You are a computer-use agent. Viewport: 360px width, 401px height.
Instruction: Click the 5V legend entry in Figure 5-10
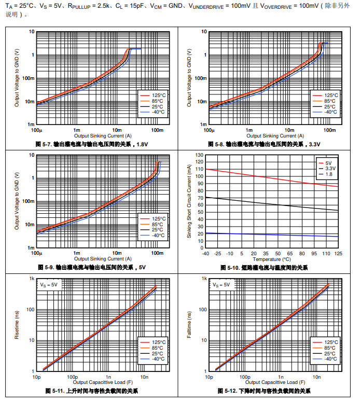tap(328, 163)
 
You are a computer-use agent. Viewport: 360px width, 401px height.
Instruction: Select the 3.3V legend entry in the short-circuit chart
tap(329, 169)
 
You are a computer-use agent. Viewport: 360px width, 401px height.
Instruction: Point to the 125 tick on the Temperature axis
tap(338, 254)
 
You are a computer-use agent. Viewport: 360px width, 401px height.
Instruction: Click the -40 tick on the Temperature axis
tap(206, 254)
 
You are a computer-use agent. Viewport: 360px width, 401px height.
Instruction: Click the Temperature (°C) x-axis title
tap(272, 259)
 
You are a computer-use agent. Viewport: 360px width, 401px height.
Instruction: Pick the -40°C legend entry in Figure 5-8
tap(330, 112)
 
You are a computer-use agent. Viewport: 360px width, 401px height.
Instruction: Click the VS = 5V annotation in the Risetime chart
tap(50, 284)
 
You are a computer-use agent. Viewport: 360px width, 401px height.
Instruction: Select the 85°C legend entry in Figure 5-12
tap(330, 348)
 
